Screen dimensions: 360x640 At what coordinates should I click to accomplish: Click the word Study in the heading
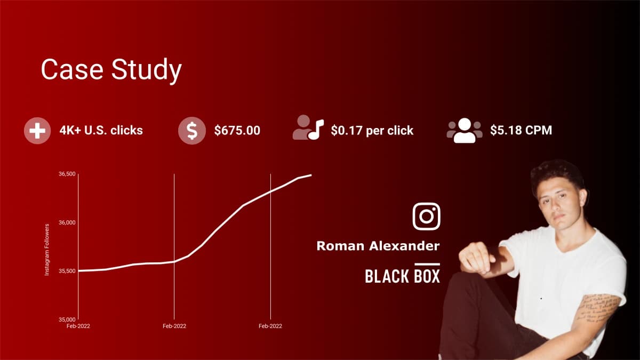pos(147,70)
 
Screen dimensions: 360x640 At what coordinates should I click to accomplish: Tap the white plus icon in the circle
pos(37,130)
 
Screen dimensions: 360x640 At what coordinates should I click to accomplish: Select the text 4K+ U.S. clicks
pos(101,130)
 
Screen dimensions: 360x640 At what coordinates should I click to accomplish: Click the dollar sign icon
pos(191,130)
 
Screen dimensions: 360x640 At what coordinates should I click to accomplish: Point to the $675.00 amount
pos(237,130)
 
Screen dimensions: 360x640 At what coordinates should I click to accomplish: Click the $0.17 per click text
pos(372,130)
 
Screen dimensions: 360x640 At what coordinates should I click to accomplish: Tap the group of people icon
pos(464,130)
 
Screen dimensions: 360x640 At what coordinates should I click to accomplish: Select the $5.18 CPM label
pos(521,130)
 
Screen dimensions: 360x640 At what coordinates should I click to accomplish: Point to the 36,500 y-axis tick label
pos(67,174)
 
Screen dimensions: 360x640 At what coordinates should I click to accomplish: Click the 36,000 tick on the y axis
pos(67,222)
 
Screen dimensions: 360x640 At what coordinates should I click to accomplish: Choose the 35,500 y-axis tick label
pos(67,271)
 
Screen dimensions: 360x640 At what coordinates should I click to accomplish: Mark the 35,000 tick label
pos(67,319)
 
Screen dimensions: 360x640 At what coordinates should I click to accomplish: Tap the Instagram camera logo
pos(426,217)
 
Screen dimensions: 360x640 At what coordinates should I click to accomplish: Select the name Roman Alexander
pos(378,246)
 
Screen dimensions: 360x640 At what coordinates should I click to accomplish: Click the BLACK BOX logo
pos(402,275)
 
